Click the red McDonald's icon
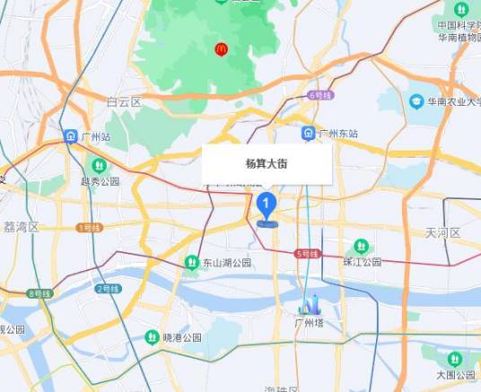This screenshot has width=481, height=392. point(220,48)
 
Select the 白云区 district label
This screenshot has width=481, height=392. point(124,102)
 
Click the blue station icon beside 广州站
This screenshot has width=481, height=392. point(70,136)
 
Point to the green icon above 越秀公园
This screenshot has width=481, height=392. point(98,166)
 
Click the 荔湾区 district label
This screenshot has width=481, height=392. point(20,227)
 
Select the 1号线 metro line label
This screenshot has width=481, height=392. point(89,228)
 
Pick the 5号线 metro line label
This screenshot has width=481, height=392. point(307,255)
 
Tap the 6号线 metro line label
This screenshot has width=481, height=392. point(319,94)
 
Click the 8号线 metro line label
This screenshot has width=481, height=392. point(39,293)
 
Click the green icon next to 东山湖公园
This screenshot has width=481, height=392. point(191,262)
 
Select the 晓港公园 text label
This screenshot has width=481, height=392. point(182,337)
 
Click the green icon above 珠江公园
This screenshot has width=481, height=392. point(361,246)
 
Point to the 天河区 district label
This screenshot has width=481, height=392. point(442,232)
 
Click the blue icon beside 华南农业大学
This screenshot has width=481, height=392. point(416,102)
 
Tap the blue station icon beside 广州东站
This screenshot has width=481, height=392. point(308,134)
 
